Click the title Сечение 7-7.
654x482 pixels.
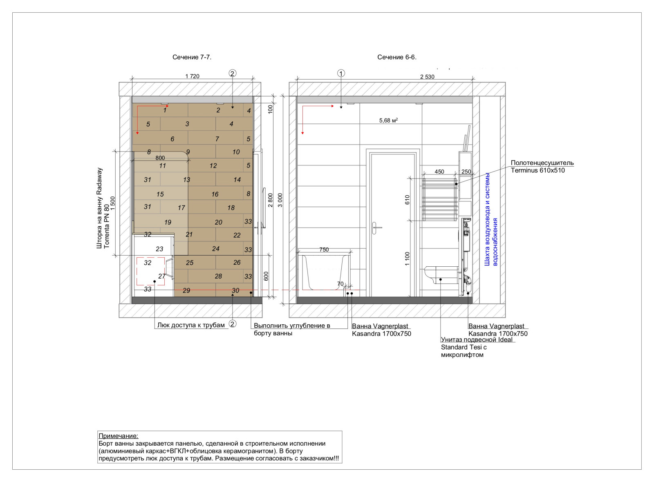click(x=192, y=57)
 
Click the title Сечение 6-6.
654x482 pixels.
click(x=397, y=57)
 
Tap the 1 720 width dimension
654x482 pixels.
click(x=193, y=76)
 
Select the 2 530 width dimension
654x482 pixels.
click(x=427, y=77)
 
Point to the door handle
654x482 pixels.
click(x=376, y=228)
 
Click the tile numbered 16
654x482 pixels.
click(x=215, y=194)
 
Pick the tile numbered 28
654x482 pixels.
click(x=218, y=276)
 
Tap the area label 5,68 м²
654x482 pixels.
click(x=388, y=120)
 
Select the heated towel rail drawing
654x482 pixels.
click(x=440, y=199)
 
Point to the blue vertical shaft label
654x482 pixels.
click(x=491, y=219)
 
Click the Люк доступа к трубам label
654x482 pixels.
click(x=191, y=325)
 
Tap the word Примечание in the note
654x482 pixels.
click(x=118, y=436)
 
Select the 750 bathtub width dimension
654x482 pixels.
click(x=324, y=250)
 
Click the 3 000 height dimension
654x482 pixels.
click(x=280, y=200)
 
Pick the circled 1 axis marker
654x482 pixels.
click(x=341, y=73)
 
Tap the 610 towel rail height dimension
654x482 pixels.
click(x=408, y=200)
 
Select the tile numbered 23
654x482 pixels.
click(x=159, y=249)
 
